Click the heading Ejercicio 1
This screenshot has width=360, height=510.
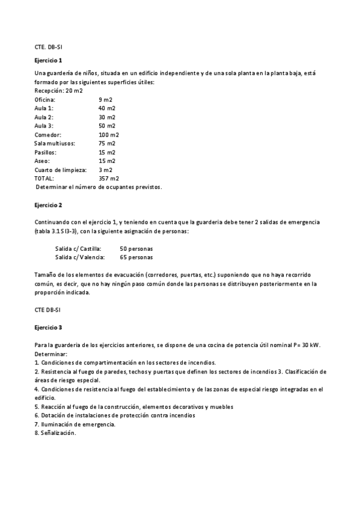[48, 61]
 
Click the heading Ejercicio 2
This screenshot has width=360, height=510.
[48, 206]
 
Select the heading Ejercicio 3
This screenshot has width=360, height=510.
[48, 327]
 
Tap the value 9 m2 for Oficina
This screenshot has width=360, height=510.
[105, 99]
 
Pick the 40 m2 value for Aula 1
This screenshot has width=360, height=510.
[107, 108]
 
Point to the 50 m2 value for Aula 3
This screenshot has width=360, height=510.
[107, 126]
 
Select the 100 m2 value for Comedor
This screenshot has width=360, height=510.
[109, 135]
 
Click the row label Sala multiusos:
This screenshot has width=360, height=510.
[55, 143]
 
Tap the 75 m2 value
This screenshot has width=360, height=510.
[107, 143]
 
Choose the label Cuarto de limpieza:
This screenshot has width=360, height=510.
[61, 170]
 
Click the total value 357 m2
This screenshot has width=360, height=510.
[109, 179]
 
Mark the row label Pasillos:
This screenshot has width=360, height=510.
[47, 152]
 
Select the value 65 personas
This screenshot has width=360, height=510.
[136, 257]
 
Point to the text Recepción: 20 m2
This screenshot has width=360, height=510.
[59, 90]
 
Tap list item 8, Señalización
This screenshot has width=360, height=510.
[55, 433]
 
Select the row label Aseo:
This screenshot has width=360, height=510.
[42, 161]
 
